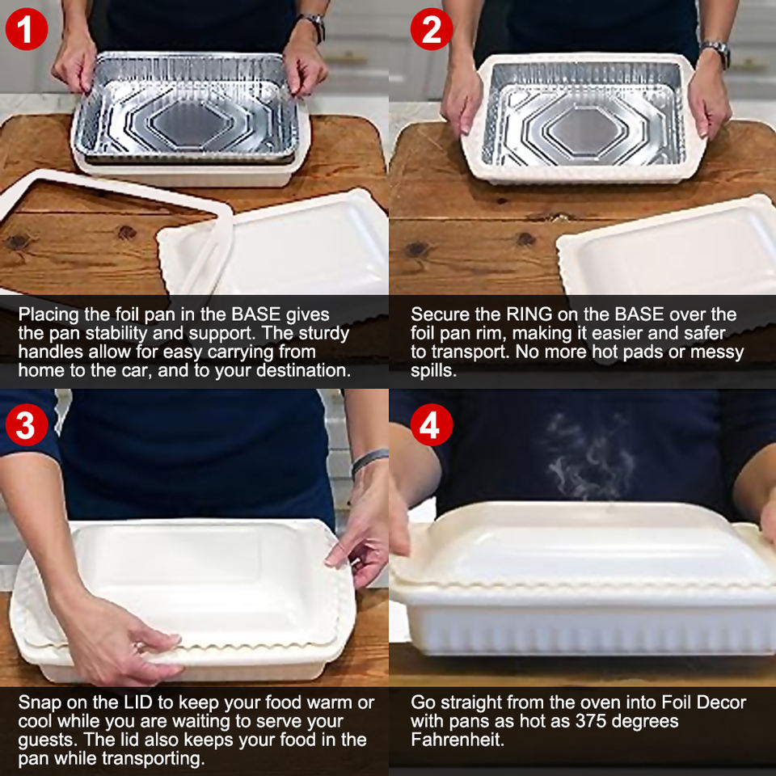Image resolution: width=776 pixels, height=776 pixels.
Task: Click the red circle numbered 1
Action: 26,29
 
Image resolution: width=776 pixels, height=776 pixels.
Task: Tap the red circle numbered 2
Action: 431,29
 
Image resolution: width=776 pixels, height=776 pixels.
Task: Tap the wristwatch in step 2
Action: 717,53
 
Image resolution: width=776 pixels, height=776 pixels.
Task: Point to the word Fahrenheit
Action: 458,740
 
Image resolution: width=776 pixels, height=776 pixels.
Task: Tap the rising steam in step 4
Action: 589,455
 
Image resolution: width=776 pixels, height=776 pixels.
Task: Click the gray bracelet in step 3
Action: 369,460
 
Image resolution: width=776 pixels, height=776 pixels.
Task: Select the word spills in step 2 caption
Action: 433,371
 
